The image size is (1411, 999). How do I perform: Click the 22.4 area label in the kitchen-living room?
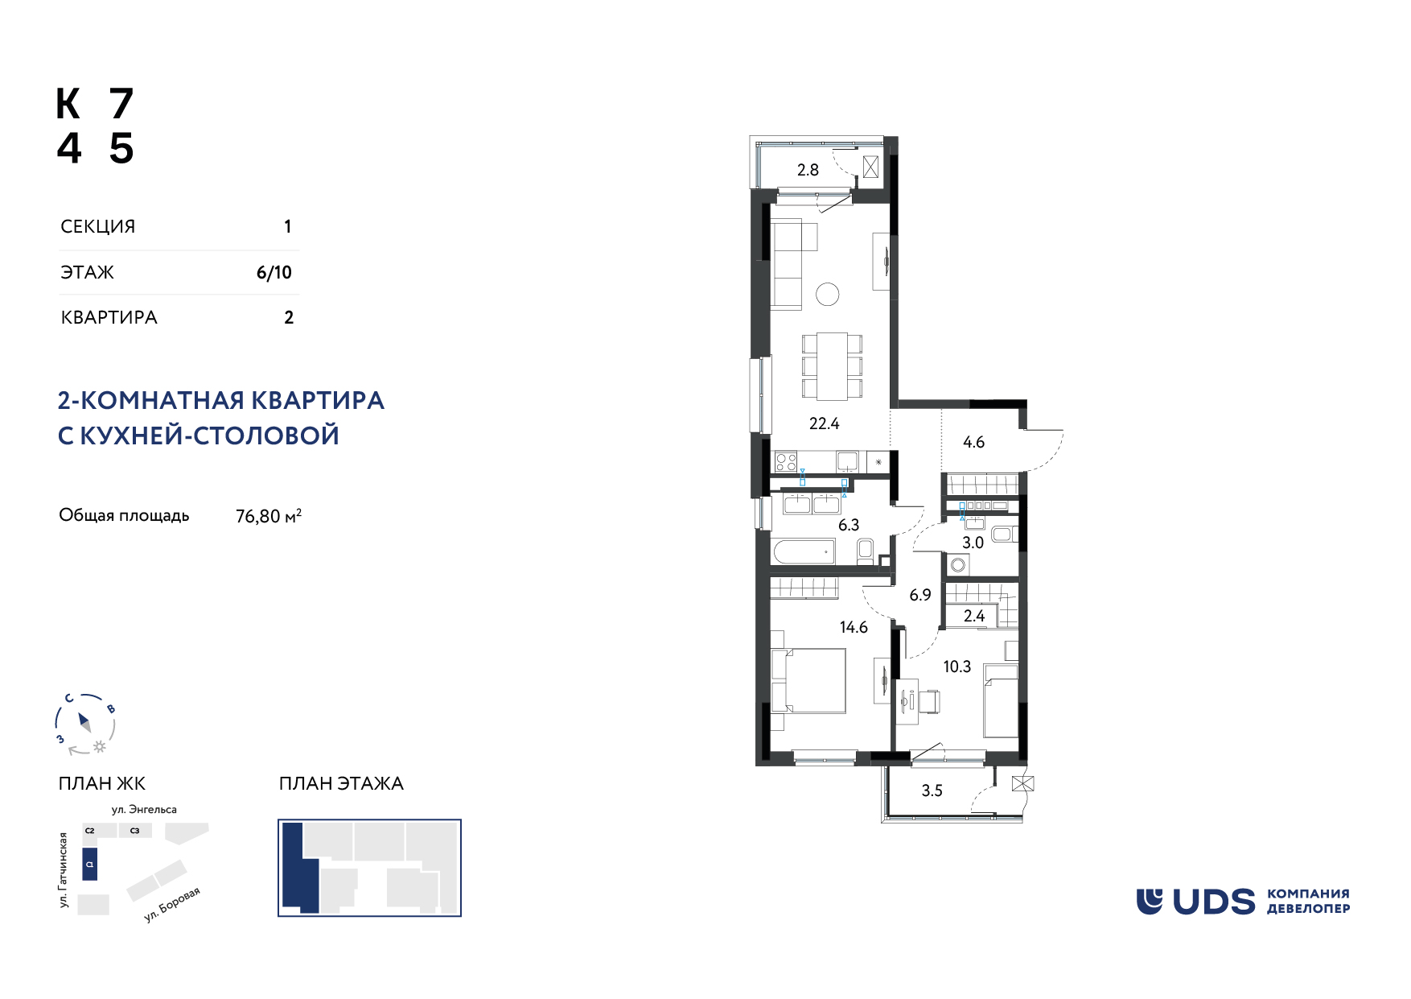point(824,423)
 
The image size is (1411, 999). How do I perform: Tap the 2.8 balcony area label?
point(808,170)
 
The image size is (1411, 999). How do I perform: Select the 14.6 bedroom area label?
point(854,627)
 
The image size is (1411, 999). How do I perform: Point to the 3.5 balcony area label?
point(932,791)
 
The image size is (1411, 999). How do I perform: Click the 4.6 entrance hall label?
point(973,442)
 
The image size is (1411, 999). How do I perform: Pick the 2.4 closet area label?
point(974,616)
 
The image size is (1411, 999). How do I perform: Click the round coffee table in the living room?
point(827,295)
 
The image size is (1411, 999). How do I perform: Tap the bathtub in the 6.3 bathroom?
point(804,552)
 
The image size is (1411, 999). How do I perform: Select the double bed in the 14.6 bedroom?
point(808,681)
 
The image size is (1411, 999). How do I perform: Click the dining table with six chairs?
point(832,366)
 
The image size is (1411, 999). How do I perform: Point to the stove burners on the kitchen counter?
point(786,462)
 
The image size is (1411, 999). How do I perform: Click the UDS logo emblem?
point(1150,902)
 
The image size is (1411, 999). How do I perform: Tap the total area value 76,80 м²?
point(269,516)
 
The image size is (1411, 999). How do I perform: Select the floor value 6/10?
point(274,273)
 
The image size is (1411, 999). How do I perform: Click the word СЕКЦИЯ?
point(98,227)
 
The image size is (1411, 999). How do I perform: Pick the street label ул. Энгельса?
point(144,810)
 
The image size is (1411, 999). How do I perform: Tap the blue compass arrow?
point(84,721)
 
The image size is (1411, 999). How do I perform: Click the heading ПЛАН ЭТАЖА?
point(341,783)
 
